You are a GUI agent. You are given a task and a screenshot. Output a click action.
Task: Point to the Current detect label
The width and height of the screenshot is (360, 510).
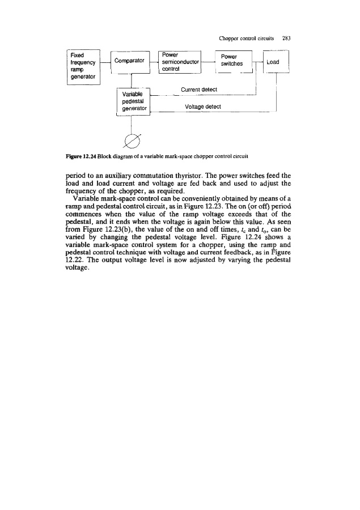coord(199,90)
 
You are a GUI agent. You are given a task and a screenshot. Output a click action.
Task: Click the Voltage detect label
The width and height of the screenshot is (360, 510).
coord(202,106)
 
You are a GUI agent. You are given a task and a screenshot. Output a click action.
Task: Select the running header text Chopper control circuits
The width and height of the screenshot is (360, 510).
coord(247,39)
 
